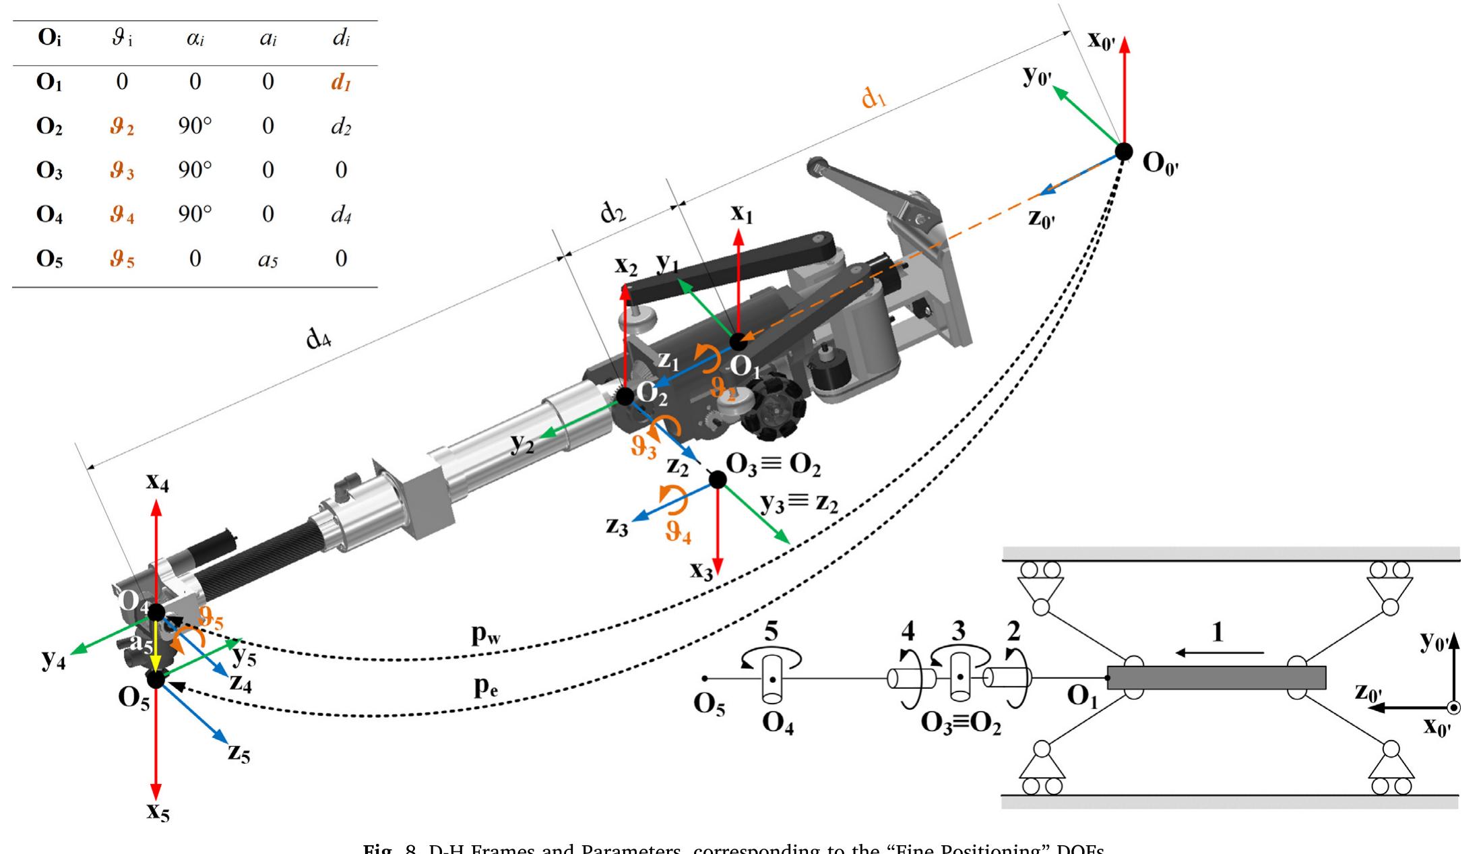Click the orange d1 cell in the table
(x=341, y=83)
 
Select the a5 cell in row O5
(x=267, y=260)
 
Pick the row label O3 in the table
(x=49, y=170)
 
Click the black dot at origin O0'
(x=1123, y=152)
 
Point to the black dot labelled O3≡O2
(x=718, y=480)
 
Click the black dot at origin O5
(x=156, y=679)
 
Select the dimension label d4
(x=319, y=337)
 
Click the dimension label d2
(x=612, y=213)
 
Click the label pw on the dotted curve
(x=486, y=634)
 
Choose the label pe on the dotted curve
(x=485, y=685)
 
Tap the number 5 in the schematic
(x=771, y=632)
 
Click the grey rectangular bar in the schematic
(x=1216, y=677)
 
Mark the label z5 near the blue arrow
(x=239, y=752)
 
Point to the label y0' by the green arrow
(x=1036, y=75)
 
